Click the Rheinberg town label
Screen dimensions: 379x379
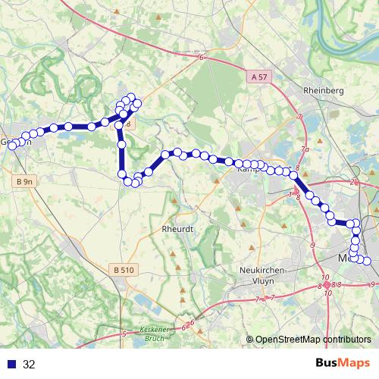[x=324, y=90]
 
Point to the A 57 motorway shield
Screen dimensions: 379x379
[x=258, y=77]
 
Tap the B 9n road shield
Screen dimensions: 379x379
[x=24, y=182]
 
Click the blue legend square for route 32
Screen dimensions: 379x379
[x=11, y=364]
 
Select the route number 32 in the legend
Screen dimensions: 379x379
[x=29, y=364]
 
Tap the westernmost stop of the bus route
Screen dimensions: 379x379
[x=12, y=146]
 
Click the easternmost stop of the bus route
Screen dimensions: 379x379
[x=368, y=262]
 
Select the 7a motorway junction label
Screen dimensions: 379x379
[x=305, y=149]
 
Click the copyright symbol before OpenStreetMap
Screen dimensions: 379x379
[x=249, y=339]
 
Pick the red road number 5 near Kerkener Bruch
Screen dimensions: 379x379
[x=124, y=334]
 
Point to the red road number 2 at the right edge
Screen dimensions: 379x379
[x=353, y=183]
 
